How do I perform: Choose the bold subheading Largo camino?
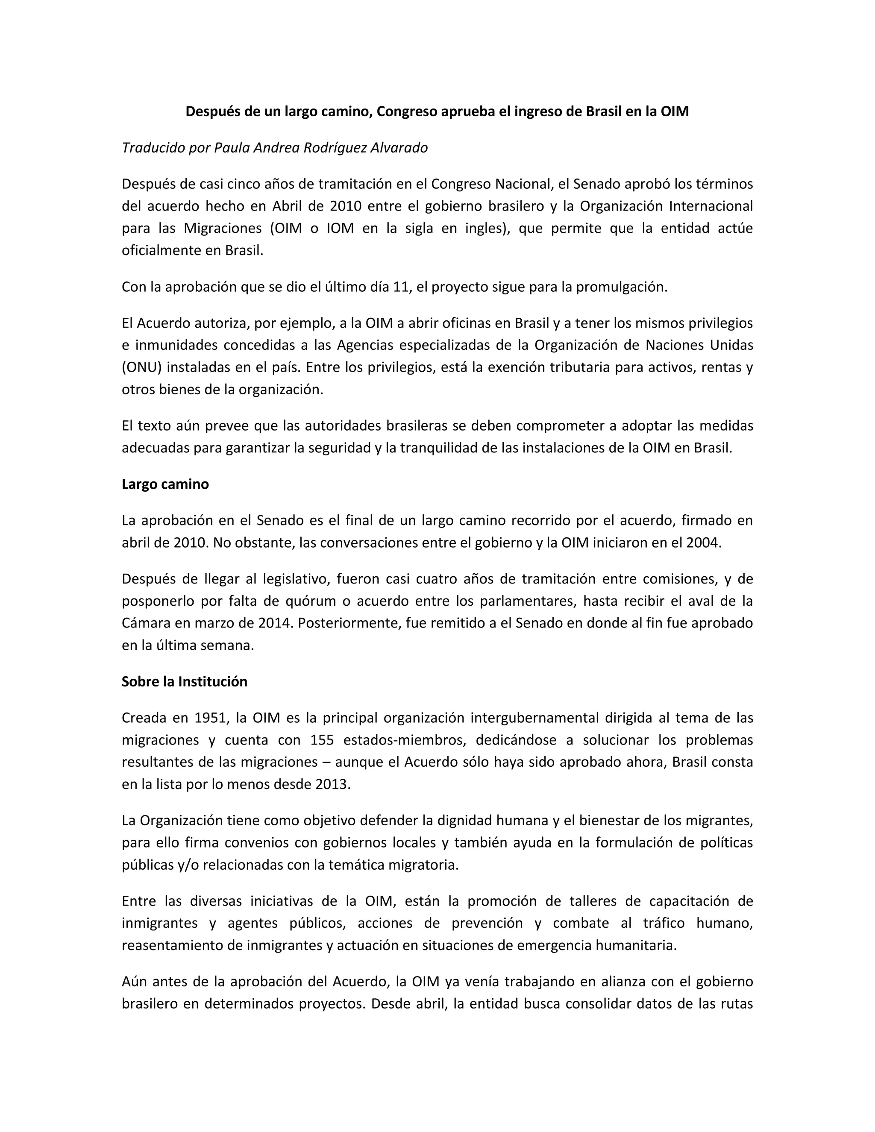pos(165,484)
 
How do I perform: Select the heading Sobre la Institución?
pos(185,682)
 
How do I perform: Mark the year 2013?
pos(333,784)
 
